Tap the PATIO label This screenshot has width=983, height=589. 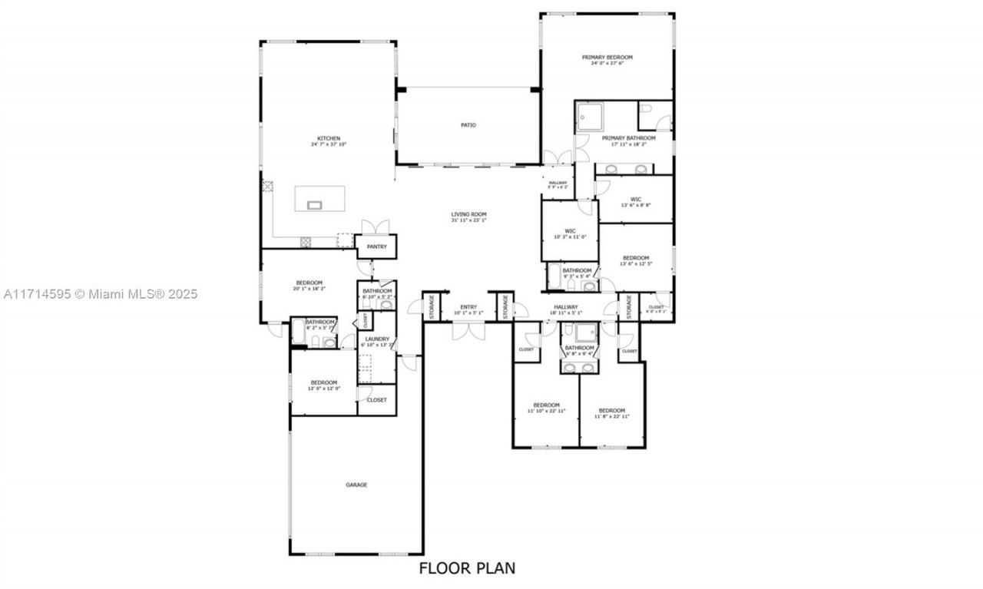468,124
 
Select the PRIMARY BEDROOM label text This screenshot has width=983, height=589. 607,58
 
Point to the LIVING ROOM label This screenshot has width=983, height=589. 468,214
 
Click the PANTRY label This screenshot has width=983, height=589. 376,247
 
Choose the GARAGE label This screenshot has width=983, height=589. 356,485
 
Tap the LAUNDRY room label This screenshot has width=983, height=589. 376,339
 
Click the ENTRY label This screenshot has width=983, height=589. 468,307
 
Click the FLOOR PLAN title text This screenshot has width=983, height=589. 467,568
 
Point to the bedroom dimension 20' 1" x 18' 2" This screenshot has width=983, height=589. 309,289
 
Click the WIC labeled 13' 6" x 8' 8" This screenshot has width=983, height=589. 636,202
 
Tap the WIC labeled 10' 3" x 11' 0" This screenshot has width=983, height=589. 570,233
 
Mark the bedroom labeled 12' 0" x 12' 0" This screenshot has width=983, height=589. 324,386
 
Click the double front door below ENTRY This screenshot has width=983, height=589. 468,330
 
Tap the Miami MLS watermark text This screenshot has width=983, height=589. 99,293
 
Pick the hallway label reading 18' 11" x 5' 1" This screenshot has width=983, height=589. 566,309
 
